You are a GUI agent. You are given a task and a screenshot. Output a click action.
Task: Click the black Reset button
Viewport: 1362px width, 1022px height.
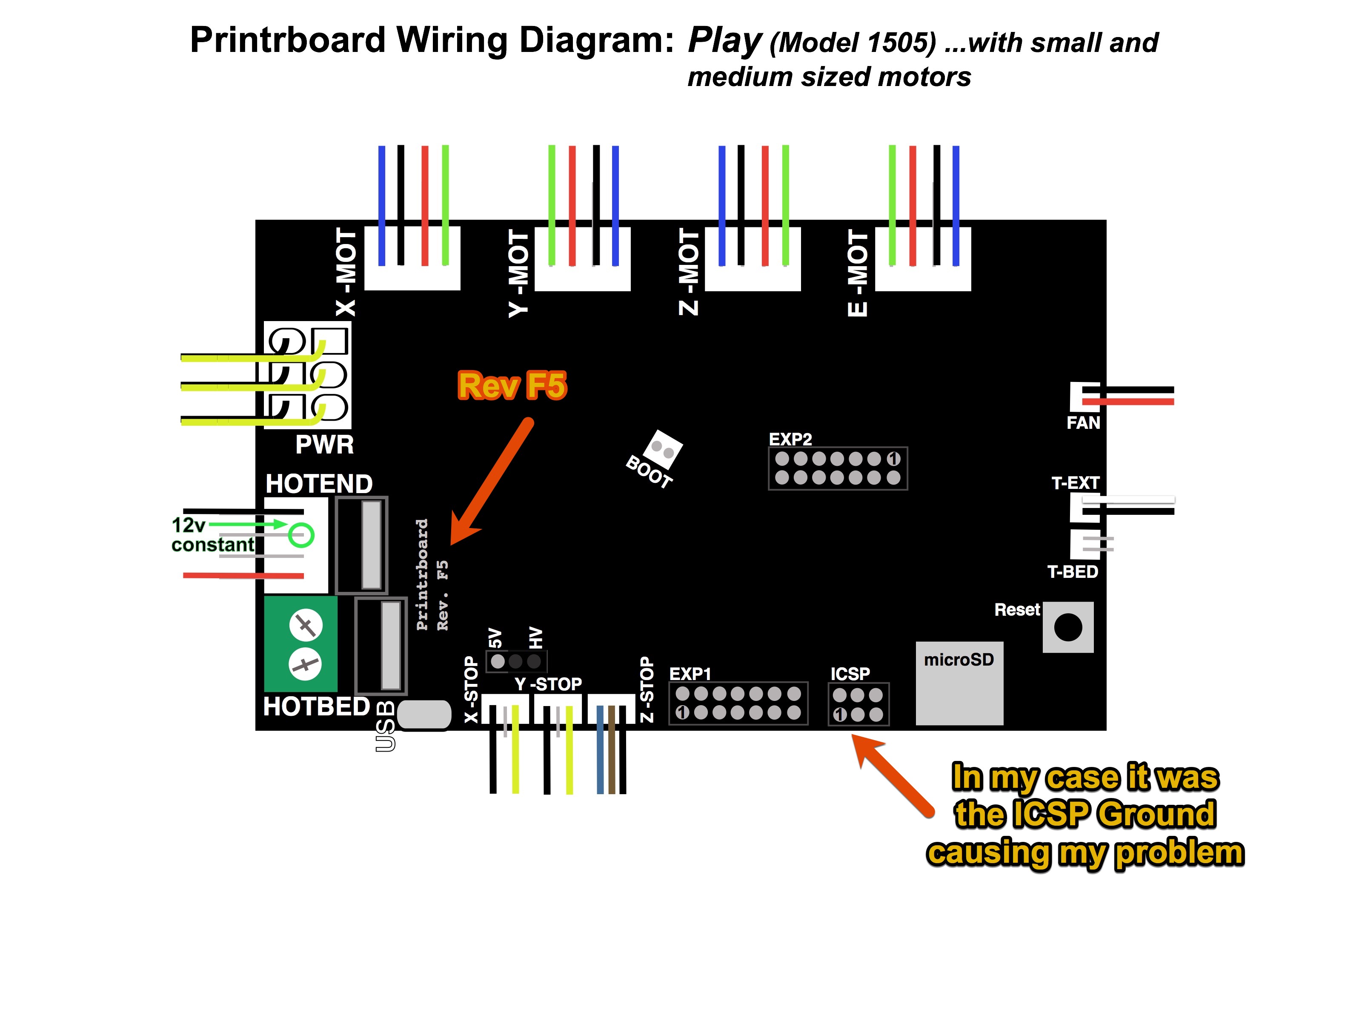tap(1067, 627)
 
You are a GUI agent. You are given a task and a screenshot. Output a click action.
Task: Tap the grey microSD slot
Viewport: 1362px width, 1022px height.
tap(959, 684)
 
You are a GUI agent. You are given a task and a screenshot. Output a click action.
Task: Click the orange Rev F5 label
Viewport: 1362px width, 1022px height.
tap(512, 386)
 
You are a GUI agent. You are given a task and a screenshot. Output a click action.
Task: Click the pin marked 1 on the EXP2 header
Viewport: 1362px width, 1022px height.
tap(893, 459)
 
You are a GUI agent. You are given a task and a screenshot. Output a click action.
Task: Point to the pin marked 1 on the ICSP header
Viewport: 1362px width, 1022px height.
tap(839, 715)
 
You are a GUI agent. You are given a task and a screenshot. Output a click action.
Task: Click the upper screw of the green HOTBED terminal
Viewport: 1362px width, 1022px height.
tap(306, 626)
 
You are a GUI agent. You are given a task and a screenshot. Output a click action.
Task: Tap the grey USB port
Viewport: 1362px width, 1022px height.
tap(423, 715)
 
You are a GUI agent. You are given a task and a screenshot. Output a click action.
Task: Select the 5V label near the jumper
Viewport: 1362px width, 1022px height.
tap(495, 638)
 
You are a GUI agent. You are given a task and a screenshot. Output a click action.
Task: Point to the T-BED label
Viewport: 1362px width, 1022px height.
tap(1072, 571)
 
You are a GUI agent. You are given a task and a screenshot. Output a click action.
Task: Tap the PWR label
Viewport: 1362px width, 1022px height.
tap(324, 445)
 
